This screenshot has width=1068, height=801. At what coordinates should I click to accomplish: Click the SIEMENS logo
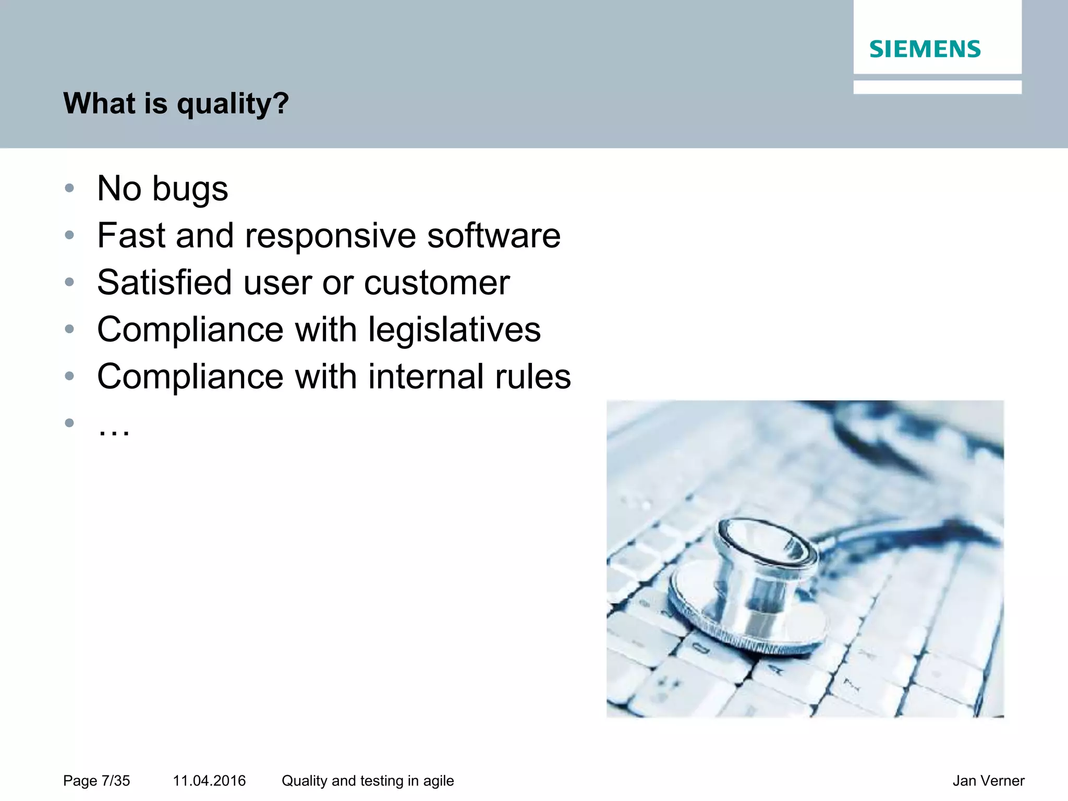925,49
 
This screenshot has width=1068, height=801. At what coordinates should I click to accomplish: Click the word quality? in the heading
233,104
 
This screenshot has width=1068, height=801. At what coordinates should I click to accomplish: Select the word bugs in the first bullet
190,189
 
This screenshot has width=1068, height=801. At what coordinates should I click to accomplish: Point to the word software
493,236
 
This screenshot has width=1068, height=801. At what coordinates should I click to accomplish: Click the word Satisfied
164,283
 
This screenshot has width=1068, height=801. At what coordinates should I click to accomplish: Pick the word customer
436,283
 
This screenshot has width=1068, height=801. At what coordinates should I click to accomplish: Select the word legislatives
454,330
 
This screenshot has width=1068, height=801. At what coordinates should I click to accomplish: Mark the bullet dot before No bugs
69,188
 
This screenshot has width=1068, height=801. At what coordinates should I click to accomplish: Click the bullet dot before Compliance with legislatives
69,329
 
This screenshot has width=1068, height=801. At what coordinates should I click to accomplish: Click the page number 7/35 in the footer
115,781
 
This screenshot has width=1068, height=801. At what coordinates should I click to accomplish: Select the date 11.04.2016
209,781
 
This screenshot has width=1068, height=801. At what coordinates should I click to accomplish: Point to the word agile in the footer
438,781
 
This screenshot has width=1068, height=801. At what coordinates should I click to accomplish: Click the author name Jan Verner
988,781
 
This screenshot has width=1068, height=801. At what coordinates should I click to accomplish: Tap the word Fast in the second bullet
131,236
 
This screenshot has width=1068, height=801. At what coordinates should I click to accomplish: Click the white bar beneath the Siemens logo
937,87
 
